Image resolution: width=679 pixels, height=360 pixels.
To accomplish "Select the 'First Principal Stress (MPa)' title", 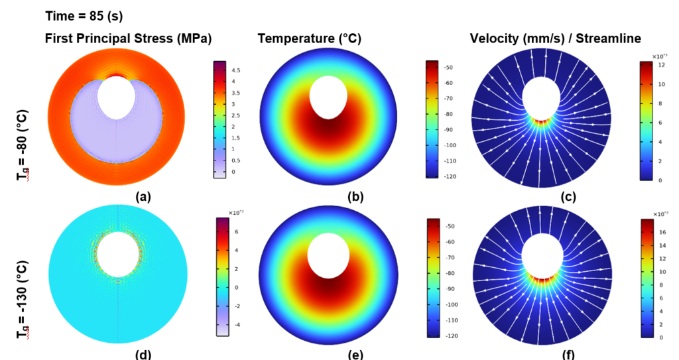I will [x=128, y=39].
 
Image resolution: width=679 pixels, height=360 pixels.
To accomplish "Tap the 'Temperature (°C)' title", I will [x=309, y=39].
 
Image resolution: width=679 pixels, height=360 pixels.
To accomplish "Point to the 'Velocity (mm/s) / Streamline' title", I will [x=556, y=39].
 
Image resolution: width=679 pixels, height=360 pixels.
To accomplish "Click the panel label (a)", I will [x=143, y=197].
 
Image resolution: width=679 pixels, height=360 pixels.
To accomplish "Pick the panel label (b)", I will [x=355, y=197].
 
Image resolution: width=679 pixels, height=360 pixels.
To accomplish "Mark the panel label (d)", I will [x=143, y=354].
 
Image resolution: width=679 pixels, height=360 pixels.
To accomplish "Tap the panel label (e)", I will [x=355, y=354].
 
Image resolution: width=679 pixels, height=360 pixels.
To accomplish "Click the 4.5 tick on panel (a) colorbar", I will [x=235, y=70].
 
